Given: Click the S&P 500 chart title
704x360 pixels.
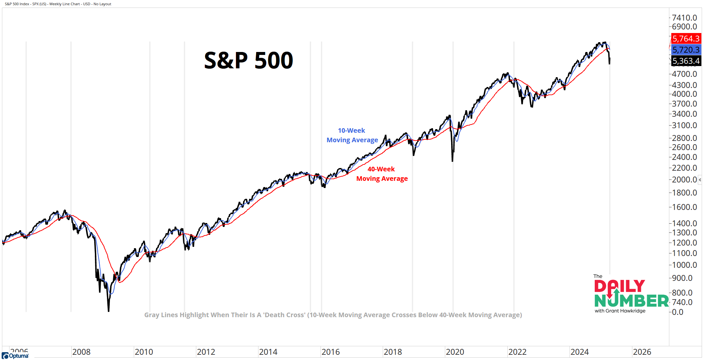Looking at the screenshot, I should pyautogui.click(x=248, y=60).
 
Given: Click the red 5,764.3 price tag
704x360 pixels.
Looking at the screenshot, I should pyautogui.click(x=686, y=39).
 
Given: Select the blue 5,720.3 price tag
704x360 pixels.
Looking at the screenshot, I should pyautogui.click(x=686, y=50).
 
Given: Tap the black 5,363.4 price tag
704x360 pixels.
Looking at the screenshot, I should pyautogui.click(x=686, y=61).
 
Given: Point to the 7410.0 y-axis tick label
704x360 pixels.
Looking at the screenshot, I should pyautogui.click(x=684, y=18).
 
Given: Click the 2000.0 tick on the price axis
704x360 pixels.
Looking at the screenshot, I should pyautogui.click(x=684, y=180).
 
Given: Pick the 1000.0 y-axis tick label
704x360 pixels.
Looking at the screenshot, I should pyautogui.click(x=684, y=265).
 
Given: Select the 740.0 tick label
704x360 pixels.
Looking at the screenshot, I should pyautogui.click(x=682, y=302).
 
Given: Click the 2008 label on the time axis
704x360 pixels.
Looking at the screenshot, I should pyautogui.click(x=81, y=352).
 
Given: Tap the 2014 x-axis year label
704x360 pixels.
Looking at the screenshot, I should pyautogui.click(x=268, y=352).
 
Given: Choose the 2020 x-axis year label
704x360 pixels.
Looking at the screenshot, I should pyautogui.click(x=455, y=352).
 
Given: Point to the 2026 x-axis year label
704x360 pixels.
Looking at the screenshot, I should pyautogui.click(x=642, y=352).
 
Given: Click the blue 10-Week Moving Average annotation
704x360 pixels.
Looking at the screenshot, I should pyautogui.click(x=352, y=135).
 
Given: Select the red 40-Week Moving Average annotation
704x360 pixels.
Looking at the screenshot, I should pyautogui.click(x=382, y=174).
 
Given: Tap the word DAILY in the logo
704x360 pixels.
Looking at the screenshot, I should pyautogui.click(x=619, y=286).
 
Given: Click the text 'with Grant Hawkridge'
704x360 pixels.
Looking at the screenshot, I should pyautogui.click(x=620, y=311).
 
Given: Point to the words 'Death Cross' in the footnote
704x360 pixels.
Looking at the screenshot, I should pyautogui.click(x=284, y=315).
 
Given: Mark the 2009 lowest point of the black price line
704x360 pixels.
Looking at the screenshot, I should pyautogui.click(x=108, y=311).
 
